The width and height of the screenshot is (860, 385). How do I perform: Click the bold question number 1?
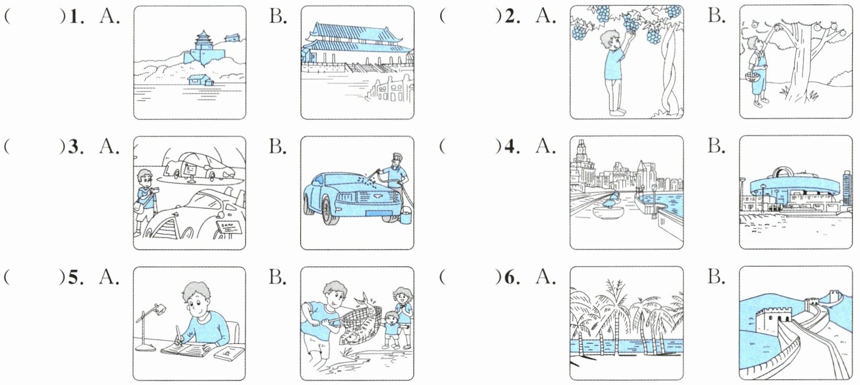pos(76,17)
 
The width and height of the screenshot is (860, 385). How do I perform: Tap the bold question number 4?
pos(512,147)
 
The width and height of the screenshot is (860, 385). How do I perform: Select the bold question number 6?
pos(512,278)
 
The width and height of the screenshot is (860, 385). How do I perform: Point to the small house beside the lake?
pos(200,80)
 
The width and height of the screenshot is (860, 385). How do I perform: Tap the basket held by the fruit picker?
pos(753,77)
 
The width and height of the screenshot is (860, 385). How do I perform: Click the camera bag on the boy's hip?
pos(140,208)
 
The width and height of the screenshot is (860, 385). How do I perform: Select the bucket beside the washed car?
pos(406,216)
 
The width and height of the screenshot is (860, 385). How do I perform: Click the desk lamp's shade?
pos(160,308)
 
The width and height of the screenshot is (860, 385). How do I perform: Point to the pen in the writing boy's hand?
pos(179,335)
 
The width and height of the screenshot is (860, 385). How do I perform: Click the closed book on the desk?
pos(229,353)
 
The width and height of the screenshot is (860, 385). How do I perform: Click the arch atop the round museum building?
pos(783,173)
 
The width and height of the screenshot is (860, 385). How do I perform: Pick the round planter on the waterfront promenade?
pos(609,212)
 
